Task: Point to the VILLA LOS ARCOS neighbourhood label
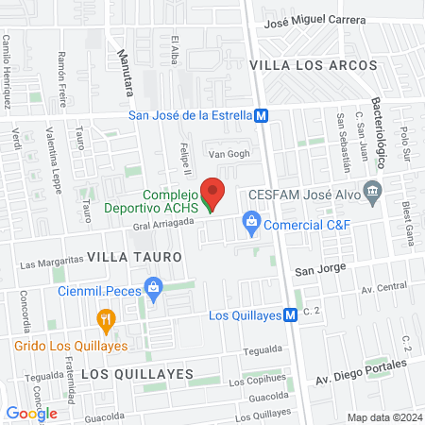tap(313, 65)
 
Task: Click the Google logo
tap(31, 413)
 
